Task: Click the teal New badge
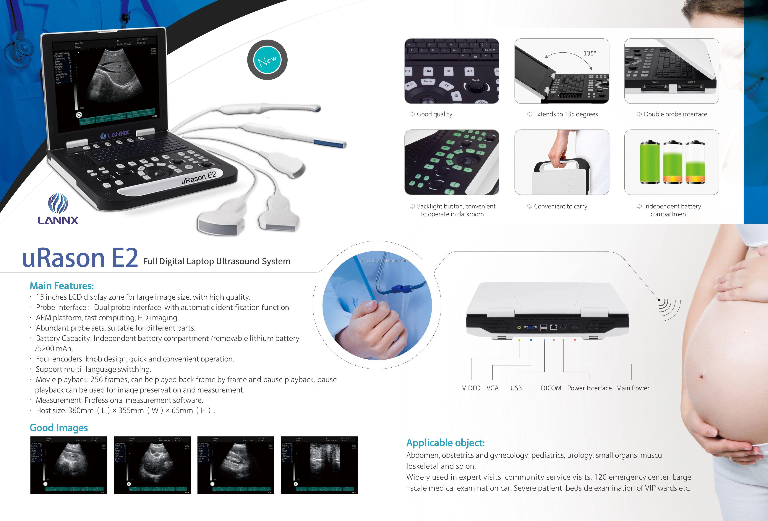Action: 267,60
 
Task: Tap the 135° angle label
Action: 589,53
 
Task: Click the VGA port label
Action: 492,388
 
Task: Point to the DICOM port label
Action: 551,388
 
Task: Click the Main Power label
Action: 633,388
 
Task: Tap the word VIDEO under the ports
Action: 471,388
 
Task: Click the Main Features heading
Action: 62,286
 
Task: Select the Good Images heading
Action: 59,428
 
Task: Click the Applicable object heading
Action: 445,443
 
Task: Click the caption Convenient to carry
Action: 560,207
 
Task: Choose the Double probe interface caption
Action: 675,114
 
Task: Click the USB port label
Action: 516,388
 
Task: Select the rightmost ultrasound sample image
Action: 319,465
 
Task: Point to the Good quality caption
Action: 434,114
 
